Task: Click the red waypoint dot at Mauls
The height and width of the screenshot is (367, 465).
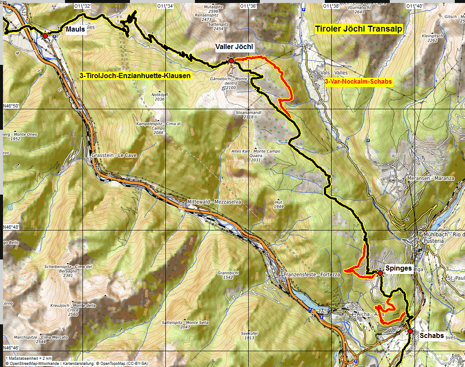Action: coord(45,36)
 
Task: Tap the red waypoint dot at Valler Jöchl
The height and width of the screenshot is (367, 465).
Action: coord(231,61)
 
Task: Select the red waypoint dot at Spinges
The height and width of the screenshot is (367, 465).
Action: coord(380,273)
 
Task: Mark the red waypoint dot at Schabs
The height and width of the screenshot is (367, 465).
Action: coord(410,331)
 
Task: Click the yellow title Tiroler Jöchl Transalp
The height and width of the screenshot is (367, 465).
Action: coord(358,29)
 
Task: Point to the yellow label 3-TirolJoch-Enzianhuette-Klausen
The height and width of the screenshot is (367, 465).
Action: coord(135,76)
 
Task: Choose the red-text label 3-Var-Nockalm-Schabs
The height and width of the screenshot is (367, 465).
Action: coord(358,81)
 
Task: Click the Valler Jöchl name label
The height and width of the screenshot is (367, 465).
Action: coord(234,47)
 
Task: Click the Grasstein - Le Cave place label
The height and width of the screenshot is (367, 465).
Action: coord(114,155)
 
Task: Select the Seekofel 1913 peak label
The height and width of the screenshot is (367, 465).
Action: coord(247,335)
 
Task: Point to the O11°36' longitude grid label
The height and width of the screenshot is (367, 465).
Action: coord(248,6)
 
